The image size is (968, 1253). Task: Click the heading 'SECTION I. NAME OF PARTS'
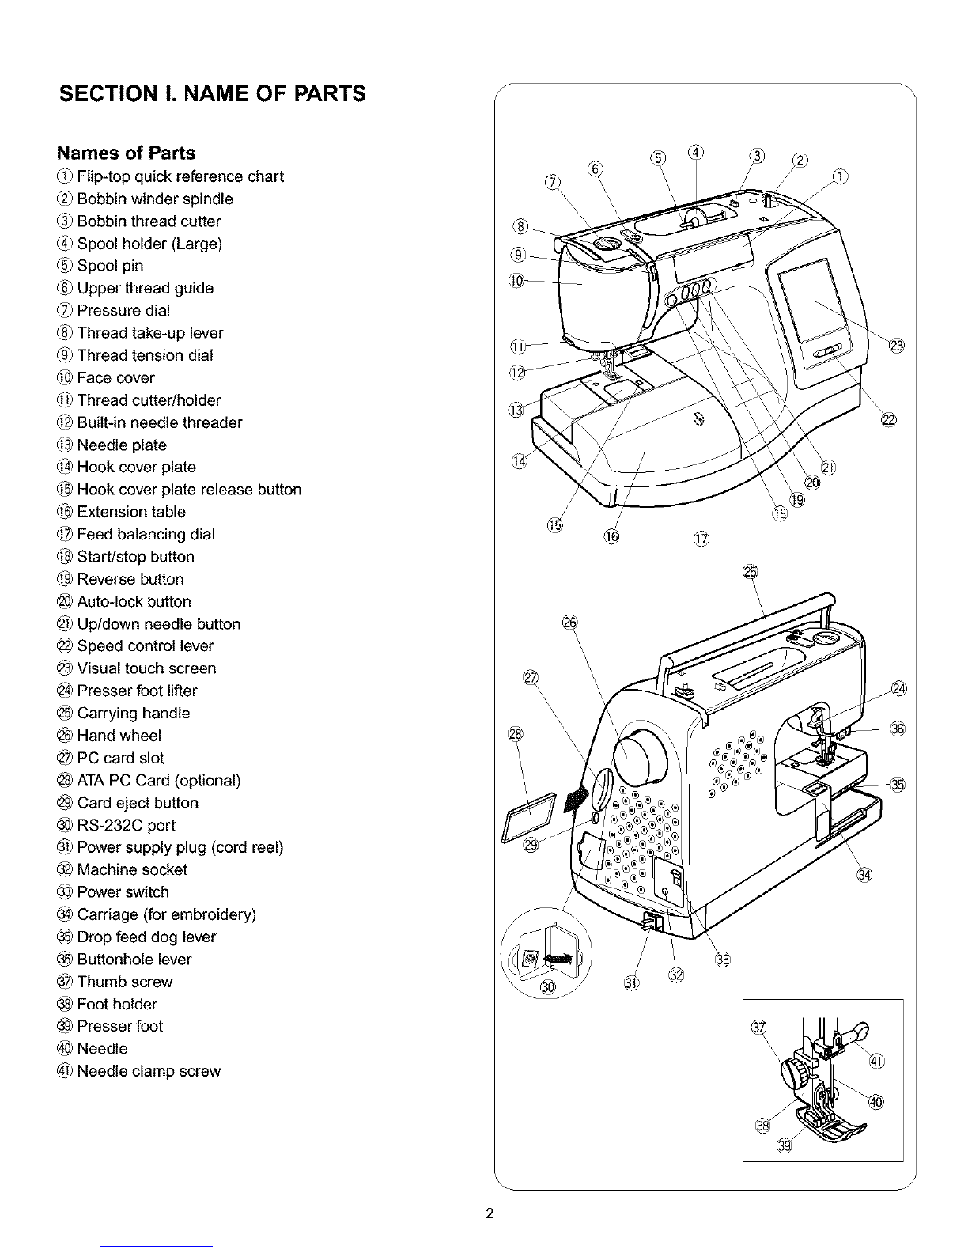(213, 94)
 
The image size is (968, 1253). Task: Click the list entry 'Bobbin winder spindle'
(155, 199)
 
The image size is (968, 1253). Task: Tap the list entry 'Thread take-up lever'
(150, 333)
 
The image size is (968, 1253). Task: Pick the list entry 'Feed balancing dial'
(146, 534)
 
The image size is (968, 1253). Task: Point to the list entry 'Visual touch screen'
(146, 668)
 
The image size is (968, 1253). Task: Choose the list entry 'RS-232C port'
(127, 825)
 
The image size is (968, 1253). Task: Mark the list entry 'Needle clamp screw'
(149, 1071)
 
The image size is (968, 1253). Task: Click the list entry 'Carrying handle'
(134, 713)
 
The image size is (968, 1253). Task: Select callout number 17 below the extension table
(701, 540)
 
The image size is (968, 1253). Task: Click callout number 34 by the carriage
(864, 874)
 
